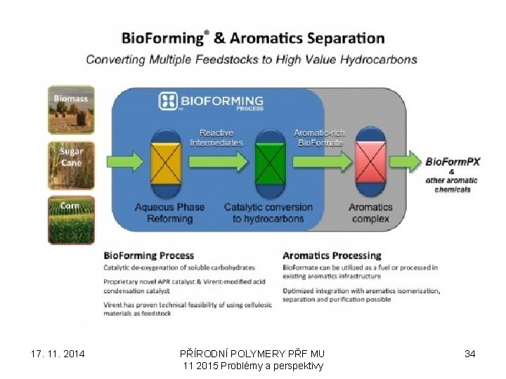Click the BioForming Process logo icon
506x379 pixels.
169,101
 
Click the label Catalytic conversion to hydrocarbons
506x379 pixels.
268,213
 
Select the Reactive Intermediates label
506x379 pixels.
216,138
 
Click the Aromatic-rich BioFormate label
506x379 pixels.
318,138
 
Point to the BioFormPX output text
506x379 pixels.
453,161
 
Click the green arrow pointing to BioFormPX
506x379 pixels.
408,162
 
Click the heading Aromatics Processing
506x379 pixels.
332,255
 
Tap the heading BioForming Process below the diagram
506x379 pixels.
149,255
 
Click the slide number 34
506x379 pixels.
470,354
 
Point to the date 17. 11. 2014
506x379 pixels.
59,354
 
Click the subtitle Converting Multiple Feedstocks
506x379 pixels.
252,60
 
